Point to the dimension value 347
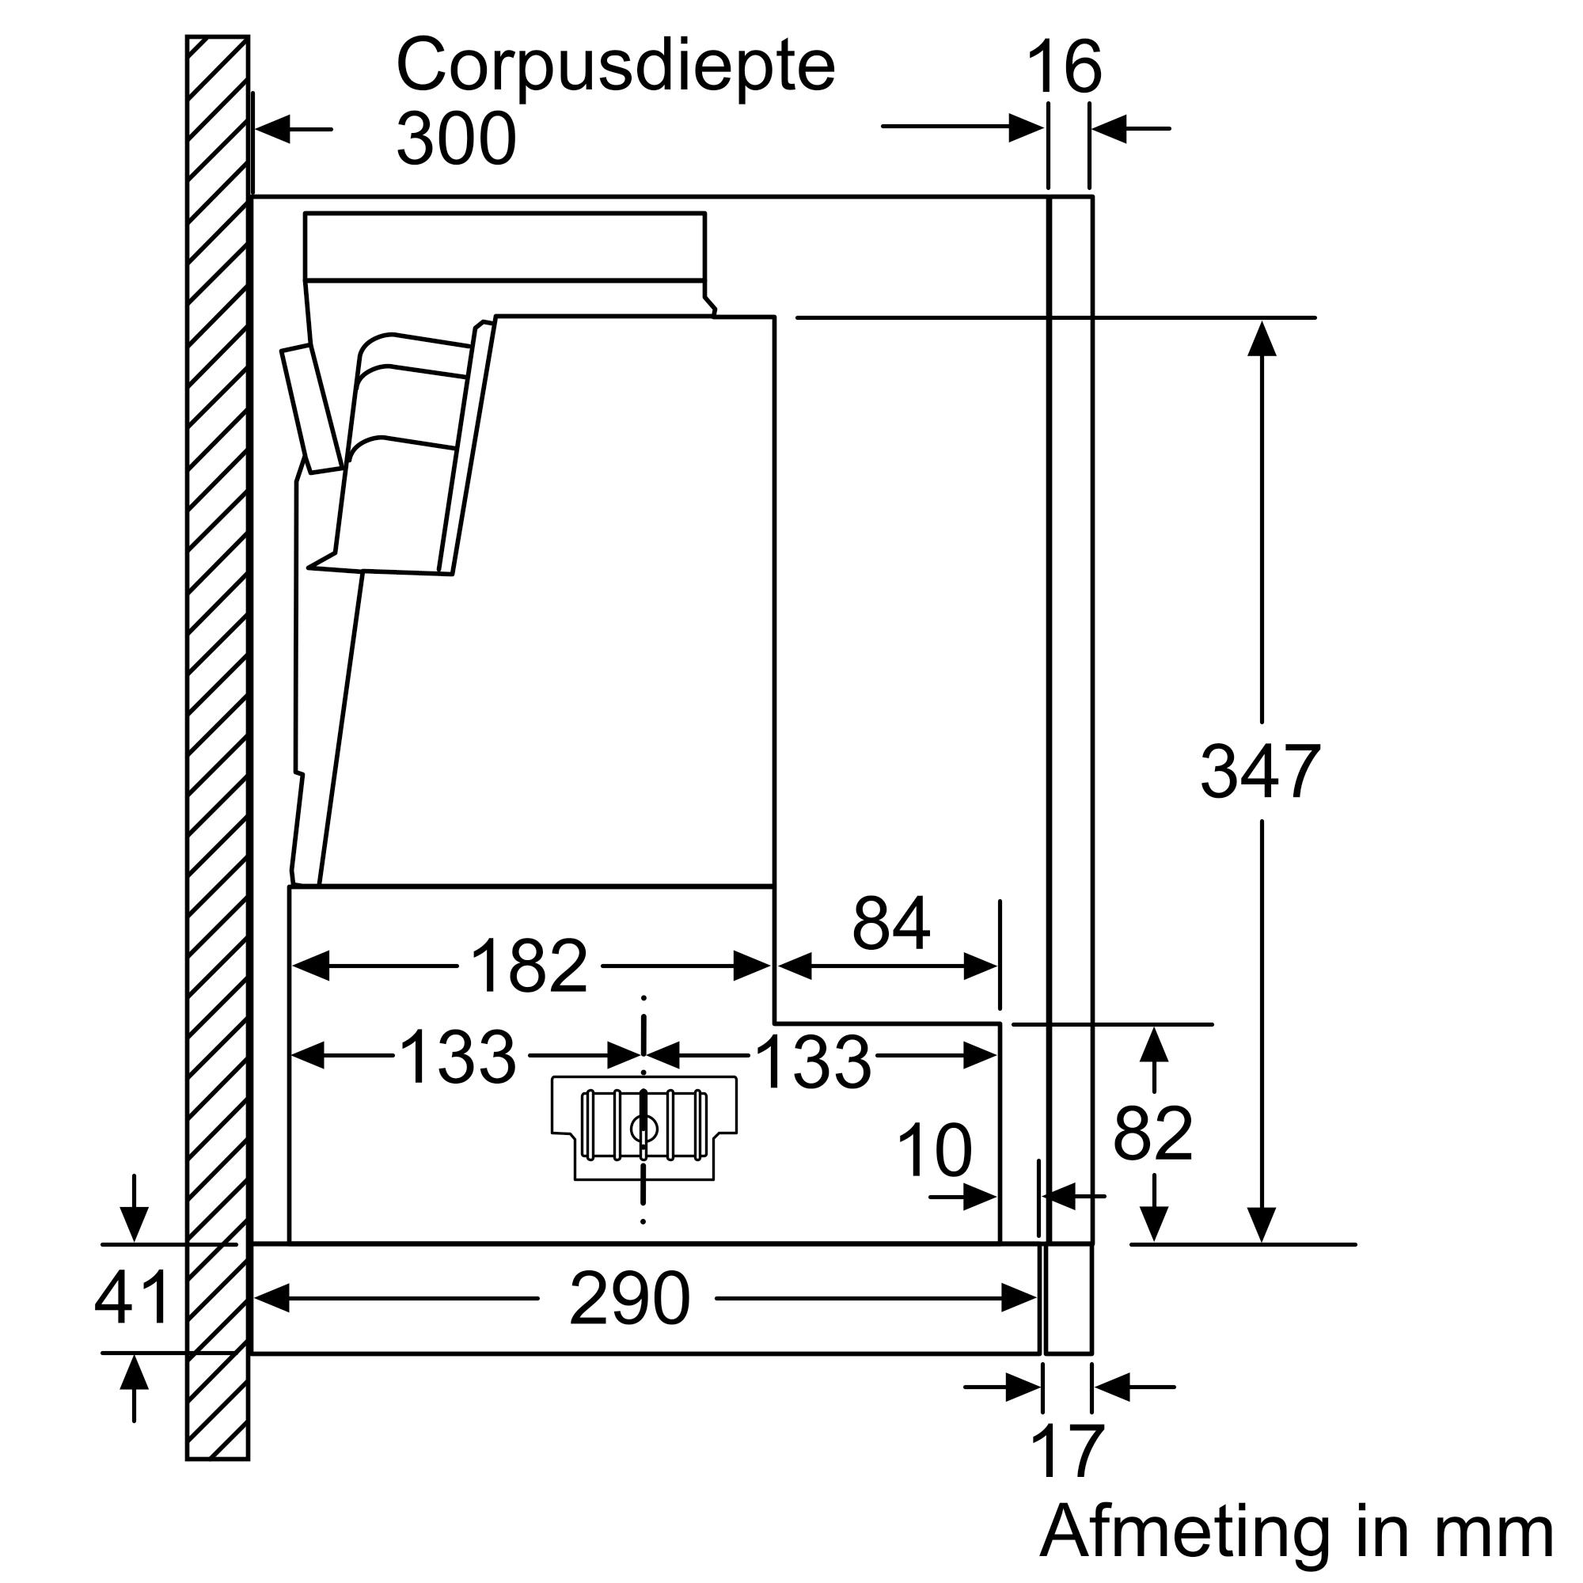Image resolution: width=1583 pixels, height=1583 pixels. coord(1260,771)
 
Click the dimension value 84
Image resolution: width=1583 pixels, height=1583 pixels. coord(890,924)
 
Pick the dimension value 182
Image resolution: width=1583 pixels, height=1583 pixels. coord(530,966)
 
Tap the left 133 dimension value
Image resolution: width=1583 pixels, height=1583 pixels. coord(458,1056)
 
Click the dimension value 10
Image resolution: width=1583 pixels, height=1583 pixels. coord(934,1151)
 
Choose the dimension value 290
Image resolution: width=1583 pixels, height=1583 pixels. coord(629,1299)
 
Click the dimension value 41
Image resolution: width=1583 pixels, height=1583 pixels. coord(132,1298)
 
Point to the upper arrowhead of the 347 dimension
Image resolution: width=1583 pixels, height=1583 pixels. coord(1262,339)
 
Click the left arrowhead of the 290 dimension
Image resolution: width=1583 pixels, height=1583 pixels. coord(272,1299)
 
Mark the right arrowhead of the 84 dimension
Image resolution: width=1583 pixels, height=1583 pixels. coord(980,967)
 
